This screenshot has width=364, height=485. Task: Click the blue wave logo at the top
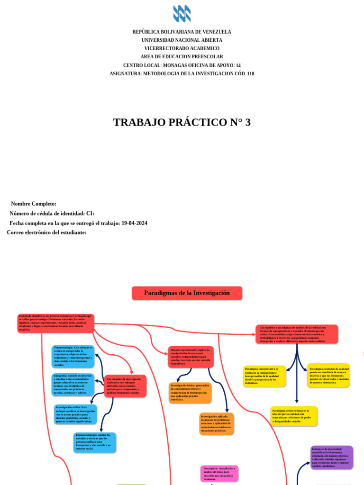tap(182, 13)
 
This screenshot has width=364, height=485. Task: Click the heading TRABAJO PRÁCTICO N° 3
tap(182, 122)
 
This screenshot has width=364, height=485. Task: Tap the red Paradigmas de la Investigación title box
tap(187, 293)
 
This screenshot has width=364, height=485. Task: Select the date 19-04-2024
tap(134, 223)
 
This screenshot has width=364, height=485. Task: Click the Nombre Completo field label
tap(34, 204)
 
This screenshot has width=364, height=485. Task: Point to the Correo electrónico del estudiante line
tap(46, 233)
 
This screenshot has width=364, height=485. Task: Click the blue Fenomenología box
tap(73, 357)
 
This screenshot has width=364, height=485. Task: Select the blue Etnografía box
tap(73, 385)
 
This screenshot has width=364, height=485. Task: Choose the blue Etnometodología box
tap(95, 442)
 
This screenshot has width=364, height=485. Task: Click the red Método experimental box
tap(191, 357)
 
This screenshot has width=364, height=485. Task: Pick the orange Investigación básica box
tap(190, 393)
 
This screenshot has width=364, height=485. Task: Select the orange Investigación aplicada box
tap(217, 423)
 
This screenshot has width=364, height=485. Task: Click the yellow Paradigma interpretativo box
tap(264, 375)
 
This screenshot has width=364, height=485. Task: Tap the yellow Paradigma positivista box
tap(328, 375)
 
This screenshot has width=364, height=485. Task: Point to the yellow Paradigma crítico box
tap(294, 416)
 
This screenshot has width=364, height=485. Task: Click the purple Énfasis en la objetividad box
tap(332, 457)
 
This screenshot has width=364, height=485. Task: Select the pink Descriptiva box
tap(219, 473)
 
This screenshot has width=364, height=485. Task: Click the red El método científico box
tap(56, 323)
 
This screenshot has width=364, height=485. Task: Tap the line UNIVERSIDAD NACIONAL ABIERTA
tap(182, 40)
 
